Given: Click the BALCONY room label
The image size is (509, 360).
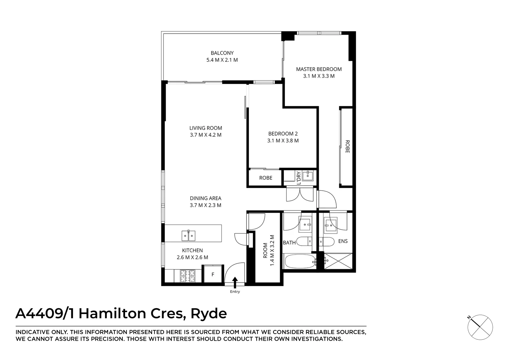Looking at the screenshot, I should point(222,53).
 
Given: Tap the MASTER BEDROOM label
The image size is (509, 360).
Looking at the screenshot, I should point(319,69).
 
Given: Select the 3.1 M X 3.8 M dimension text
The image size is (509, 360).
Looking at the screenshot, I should point(283,141).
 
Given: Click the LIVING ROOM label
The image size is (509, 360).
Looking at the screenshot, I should point(205,128).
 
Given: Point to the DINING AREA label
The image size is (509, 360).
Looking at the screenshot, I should point(205,198).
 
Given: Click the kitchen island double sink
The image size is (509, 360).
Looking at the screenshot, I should point(188,236).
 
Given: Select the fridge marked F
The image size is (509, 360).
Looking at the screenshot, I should point(213,275).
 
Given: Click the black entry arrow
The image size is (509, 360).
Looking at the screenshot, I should point(235,282).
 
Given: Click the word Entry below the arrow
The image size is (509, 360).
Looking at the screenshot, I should point(235,292).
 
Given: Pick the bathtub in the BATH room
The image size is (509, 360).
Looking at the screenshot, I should point(300,262).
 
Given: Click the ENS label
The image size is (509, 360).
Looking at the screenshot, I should point(343,241).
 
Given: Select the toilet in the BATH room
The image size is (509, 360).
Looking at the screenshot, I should point(304,241).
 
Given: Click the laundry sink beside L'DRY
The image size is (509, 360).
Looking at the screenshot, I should point(308,175).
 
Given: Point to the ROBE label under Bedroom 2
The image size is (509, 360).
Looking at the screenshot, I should point(266,178).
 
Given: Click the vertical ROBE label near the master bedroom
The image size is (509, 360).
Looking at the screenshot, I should point(347,146).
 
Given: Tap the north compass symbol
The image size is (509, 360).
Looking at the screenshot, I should point(480,327).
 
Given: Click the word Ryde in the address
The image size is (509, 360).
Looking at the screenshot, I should point(208,314).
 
